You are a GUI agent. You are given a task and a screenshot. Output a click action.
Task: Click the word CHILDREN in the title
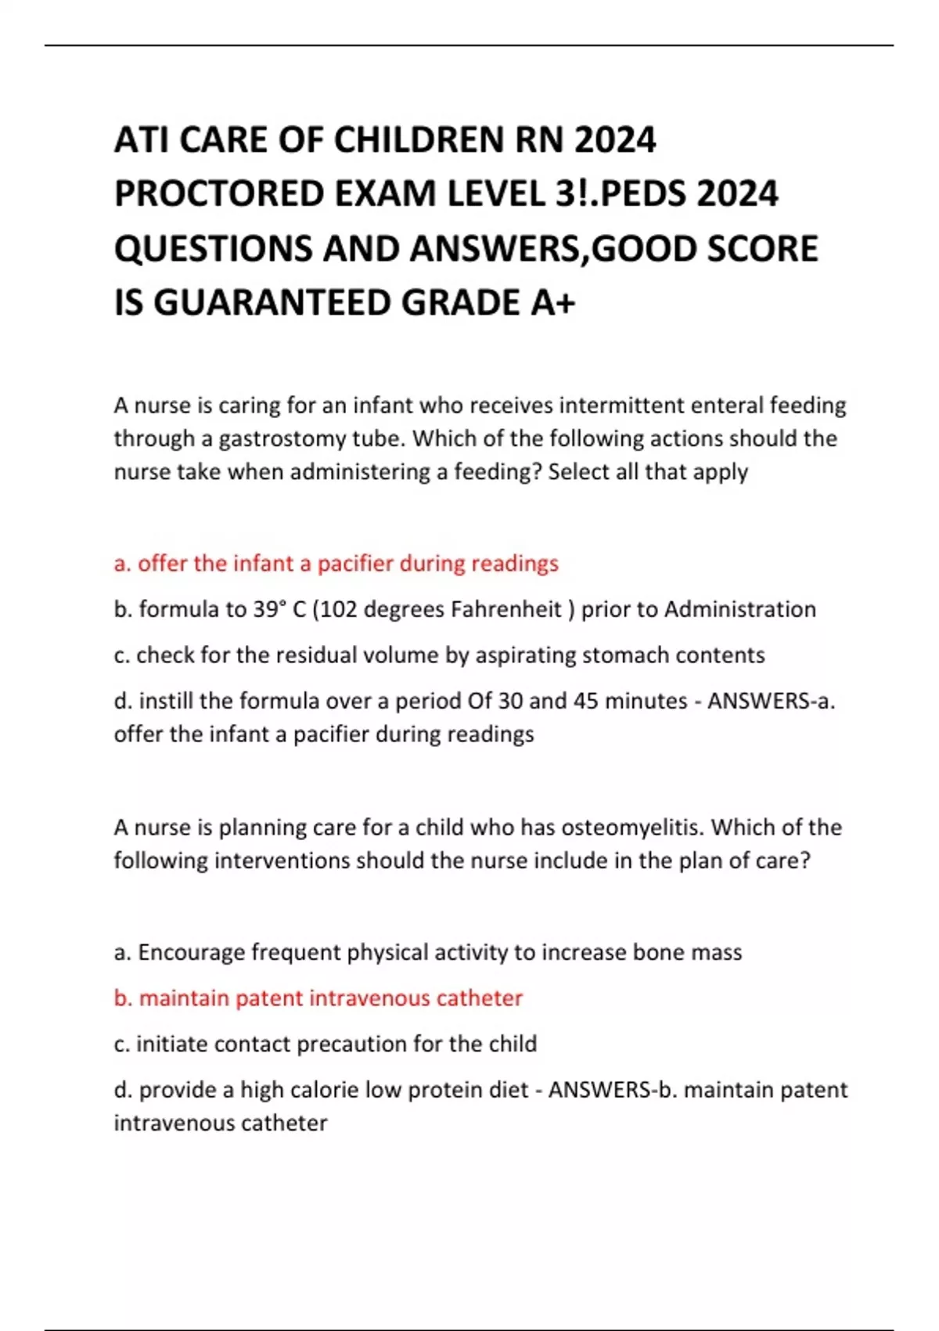(418, 141)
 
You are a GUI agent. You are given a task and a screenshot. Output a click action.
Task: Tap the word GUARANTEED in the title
(273, 303)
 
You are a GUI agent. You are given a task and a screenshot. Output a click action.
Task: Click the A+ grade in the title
(553, 303)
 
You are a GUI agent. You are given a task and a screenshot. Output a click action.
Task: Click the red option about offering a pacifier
(336, 564)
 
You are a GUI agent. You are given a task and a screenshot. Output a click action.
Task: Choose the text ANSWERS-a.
(771, 700)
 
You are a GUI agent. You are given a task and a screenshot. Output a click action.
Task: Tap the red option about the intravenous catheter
(318, 998)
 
